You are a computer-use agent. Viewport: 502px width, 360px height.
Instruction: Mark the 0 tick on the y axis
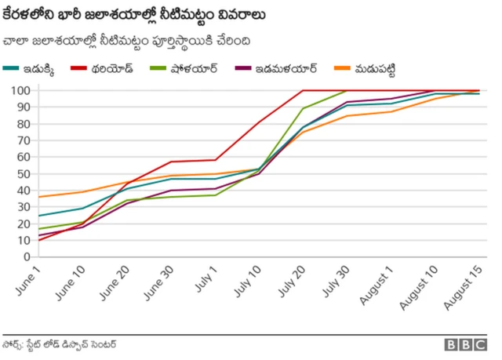pos(27,256)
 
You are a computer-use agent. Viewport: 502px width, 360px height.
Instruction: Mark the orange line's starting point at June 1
pos(39,197)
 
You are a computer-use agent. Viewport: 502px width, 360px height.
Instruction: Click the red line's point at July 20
pos(303,90)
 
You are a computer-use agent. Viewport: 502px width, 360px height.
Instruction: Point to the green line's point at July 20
pos(303,109)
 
